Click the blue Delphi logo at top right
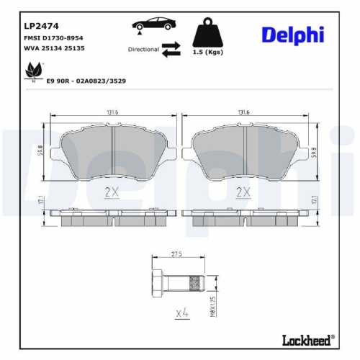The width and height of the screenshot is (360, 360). [x=292, y=35]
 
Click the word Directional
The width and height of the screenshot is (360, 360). [x=143, y=50]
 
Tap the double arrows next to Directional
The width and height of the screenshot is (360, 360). [x=171, y=49]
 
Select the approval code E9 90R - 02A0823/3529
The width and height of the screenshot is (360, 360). [x=86, y=83]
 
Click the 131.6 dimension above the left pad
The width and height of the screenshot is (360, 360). [x=112, y=113]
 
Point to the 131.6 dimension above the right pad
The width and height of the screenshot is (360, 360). [x=243, y=113]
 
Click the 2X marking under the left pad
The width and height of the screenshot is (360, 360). [x=112, y=192]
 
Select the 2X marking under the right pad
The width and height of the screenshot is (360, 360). [x=243, y=192]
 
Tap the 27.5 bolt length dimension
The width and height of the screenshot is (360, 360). [x=177, y=253]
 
